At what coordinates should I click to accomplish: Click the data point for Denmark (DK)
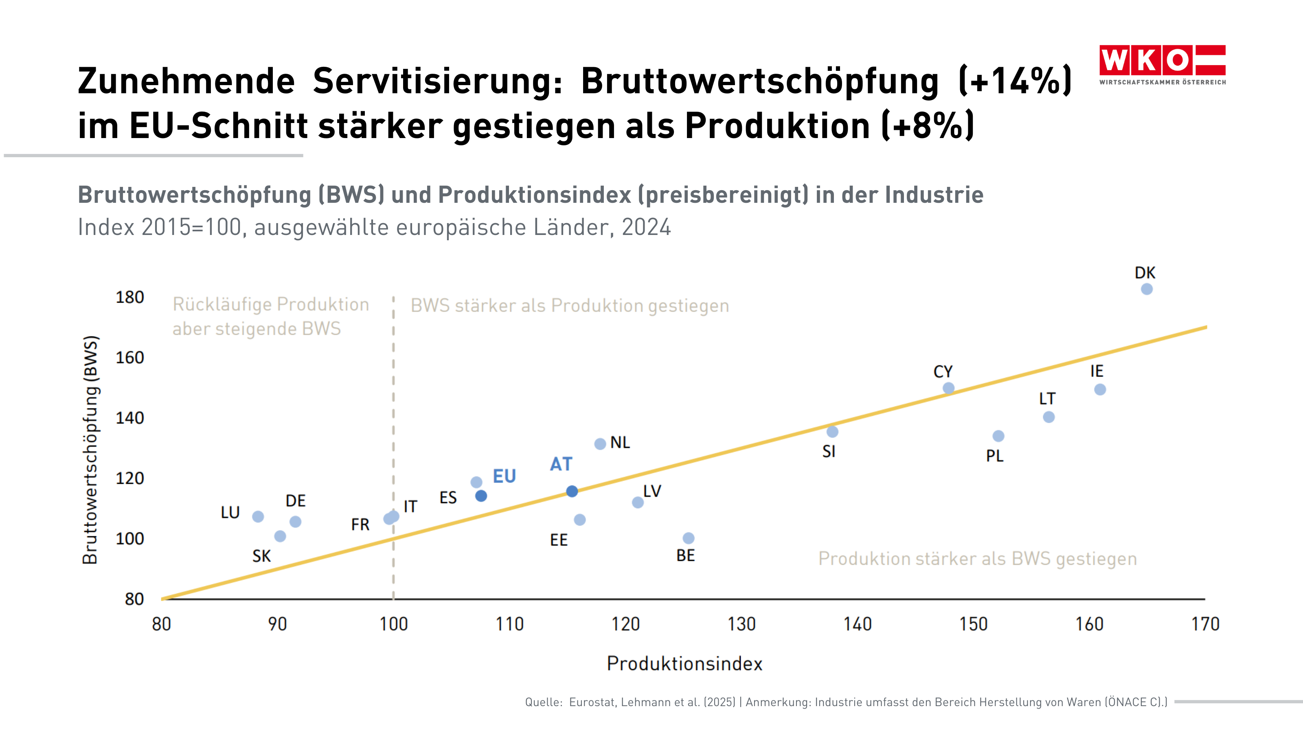click(x=1147, y=289)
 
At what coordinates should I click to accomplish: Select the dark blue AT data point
click(x=572, y=491)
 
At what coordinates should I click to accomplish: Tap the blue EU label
click(x=505, y=476)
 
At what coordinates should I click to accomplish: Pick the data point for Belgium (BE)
click(x=689, y=538)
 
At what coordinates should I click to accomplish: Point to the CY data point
click(x=948, y=388)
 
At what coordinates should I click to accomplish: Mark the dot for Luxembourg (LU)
click(x=258, y=516)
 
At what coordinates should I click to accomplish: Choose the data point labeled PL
click(x=998, y=436)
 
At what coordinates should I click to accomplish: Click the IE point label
click(x=1097, y=371)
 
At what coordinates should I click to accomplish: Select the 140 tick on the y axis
click(x=130, y=418)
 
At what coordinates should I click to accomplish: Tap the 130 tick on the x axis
click(x=741, y=624)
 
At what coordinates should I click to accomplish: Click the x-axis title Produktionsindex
click(x=684, y=664)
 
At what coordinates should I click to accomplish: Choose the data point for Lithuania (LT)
click(x=1049, y=417)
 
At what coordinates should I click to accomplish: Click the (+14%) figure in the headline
click(x=1015, y=81)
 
